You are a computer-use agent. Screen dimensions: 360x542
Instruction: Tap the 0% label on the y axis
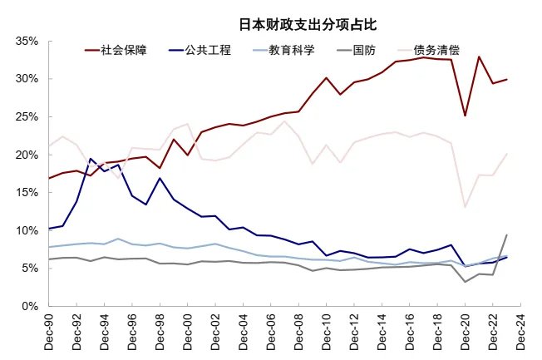coord(30,306)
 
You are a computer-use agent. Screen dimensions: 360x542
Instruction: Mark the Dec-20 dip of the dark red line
coord(465,115)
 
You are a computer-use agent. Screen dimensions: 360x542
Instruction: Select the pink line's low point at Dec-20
coord(465,207)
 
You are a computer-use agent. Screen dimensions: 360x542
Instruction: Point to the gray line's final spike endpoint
coord(506,235)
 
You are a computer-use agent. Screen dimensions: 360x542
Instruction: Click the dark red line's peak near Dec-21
coord(479,57)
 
